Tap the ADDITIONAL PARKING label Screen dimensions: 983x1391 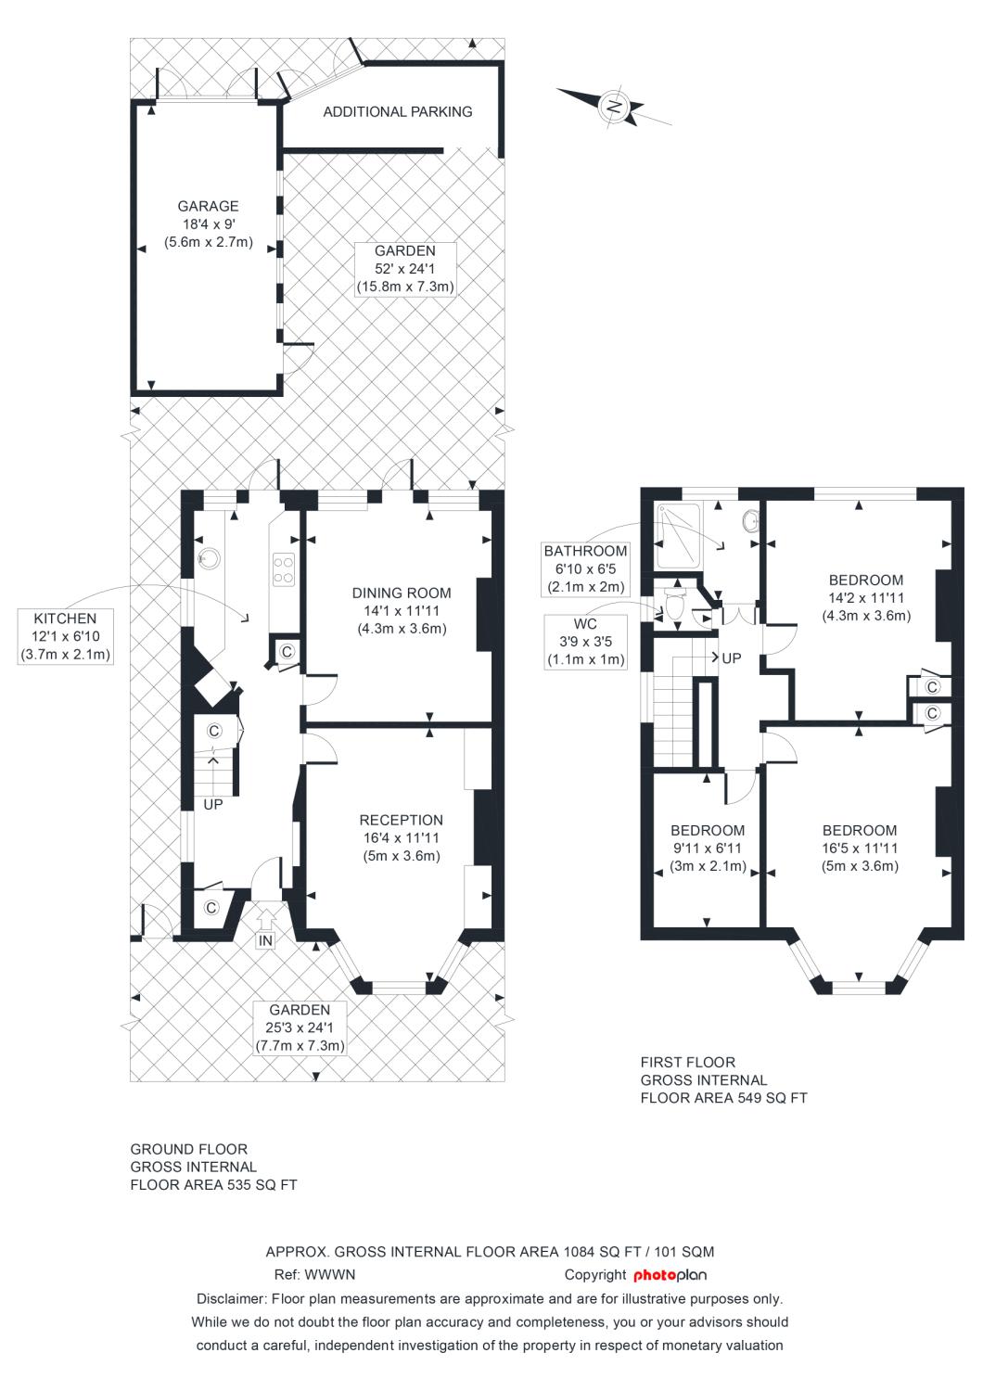pos(398,112)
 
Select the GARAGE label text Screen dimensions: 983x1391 pos(208,206)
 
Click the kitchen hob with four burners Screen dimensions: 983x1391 pos(283,570)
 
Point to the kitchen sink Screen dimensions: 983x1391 pos(209,559)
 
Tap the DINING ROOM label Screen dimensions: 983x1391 pos(402,593)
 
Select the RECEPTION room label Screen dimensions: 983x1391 pos(402,821)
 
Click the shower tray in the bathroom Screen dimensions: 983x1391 pos(679,537)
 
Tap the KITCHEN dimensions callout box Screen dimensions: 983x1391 pos(65,636)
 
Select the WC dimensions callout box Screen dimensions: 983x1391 pos(585,642)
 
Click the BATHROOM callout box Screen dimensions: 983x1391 pos(585,568)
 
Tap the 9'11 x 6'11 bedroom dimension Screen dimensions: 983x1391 pos(708,849)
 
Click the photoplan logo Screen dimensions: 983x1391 pos(670,1275)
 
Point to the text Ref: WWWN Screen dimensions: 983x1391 pos(314,1275)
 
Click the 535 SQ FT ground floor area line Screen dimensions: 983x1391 pos(213,1185)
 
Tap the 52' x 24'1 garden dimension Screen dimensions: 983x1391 pos(405,269)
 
